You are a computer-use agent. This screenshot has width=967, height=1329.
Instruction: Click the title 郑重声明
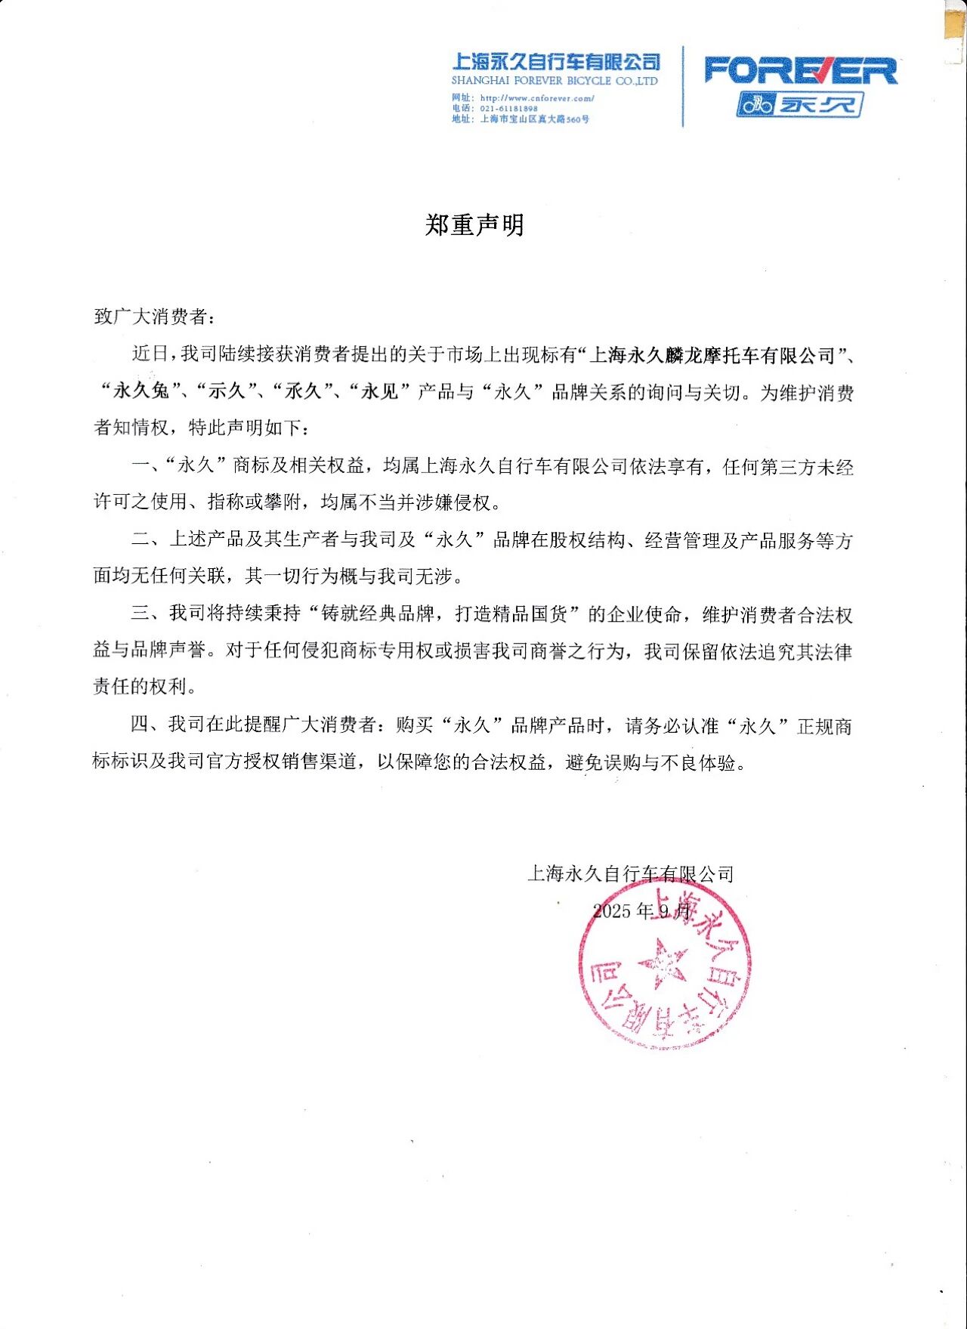pos(474,224)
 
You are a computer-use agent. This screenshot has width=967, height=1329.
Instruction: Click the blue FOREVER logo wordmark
pos(800,70)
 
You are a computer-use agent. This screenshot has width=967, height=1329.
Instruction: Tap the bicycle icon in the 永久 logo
pos(756,104)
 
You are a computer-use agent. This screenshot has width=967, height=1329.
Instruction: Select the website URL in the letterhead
pos(536,97)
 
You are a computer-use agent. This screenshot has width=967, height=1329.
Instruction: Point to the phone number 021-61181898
pos(508,108)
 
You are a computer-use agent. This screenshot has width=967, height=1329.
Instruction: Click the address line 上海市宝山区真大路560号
pos(534,119)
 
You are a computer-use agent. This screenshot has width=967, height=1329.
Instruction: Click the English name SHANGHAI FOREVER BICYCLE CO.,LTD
pos(555,81)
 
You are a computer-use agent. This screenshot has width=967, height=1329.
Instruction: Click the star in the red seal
pos(663,963)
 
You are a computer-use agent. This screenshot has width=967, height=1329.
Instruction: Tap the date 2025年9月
pos(641,910)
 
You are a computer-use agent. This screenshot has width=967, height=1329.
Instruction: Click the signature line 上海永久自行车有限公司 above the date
pos(630,874)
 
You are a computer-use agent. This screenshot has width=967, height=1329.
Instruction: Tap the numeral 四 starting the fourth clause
pos(140,725)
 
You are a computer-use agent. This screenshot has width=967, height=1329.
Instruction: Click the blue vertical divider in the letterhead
pos(683,86)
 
